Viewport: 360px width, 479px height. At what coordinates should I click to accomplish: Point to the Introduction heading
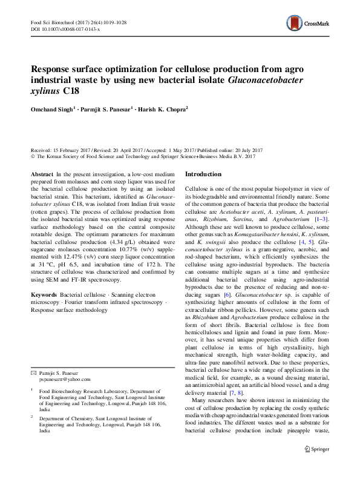pos(203,174)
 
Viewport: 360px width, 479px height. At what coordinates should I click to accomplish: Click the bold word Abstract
pos(41,174)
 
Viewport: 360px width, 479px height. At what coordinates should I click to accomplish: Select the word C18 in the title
pos(68,91)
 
